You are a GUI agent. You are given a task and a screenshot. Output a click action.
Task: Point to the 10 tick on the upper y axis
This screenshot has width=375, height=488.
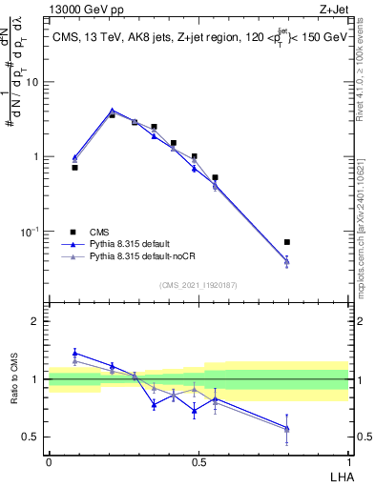(x=35, y=82)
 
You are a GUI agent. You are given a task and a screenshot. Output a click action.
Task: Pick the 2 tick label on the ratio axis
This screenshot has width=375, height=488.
(x=37, y=321)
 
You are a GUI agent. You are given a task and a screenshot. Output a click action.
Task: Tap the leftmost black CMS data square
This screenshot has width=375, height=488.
(x=74, y=167)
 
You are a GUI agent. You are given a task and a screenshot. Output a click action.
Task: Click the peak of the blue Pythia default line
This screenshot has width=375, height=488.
(x=113, y=111)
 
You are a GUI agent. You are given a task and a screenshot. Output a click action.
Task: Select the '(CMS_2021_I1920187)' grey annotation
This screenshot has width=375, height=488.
(x=198, y=284)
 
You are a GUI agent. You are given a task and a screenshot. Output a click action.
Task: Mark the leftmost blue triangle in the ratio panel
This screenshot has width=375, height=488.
(x=74, y=353)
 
